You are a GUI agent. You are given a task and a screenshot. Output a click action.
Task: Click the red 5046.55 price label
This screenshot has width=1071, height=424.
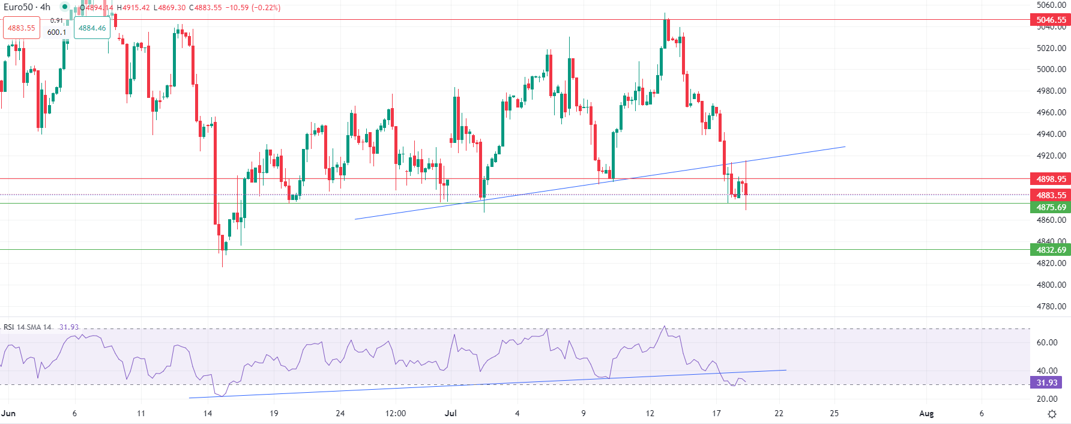1051,20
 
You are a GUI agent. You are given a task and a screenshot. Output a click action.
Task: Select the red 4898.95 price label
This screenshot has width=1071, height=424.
1051,179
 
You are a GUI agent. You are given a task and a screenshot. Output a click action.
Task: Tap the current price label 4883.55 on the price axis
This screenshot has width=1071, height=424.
1051,195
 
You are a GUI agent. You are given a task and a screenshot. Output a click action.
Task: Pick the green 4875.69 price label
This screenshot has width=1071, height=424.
1051,207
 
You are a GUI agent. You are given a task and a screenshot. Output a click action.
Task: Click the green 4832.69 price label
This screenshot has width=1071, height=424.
1051,250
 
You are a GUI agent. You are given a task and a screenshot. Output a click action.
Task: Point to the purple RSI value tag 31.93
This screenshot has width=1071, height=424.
1046,383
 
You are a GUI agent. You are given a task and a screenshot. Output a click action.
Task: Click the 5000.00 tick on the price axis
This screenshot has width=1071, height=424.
1051,69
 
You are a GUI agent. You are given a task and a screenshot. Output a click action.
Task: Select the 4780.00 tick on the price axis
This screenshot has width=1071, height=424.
1051,306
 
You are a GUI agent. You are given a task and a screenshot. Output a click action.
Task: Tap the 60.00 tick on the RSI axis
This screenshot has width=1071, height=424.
1047,342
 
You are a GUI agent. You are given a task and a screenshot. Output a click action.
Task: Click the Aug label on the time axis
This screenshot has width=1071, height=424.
926,413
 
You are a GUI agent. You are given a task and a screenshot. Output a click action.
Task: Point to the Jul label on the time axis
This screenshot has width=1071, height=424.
451,413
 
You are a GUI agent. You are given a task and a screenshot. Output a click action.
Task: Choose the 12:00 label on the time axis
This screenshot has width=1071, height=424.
396,413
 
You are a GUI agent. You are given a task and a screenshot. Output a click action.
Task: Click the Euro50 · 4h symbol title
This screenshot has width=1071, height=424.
27,7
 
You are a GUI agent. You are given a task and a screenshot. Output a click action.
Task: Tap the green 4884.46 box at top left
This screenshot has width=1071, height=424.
92,28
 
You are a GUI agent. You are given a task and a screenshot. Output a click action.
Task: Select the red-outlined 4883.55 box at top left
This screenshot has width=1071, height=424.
22,28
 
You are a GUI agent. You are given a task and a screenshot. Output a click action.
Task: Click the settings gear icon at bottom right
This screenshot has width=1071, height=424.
1052,414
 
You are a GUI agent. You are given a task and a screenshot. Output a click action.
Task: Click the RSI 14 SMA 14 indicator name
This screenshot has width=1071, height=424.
28,327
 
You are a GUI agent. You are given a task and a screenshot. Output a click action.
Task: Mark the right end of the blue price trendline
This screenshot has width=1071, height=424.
845,147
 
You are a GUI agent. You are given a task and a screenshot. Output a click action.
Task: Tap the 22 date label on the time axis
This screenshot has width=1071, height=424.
779,413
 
